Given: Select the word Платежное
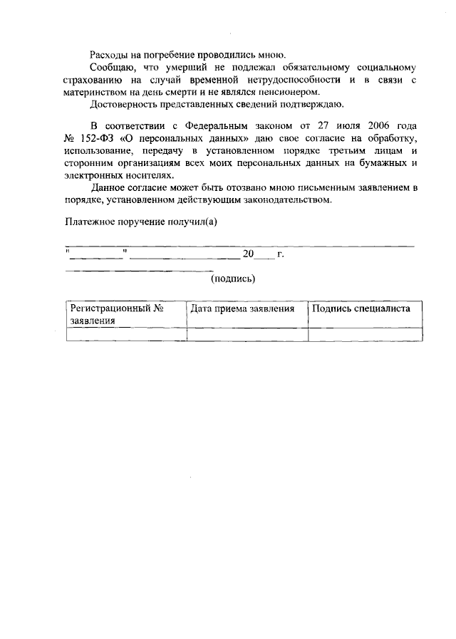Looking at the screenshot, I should pos(90,221).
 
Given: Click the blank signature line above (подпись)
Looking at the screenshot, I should pos(138,270).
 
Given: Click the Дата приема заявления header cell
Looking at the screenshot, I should pos(247,310).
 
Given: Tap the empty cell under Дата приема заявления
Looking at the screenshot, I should pos(247,335).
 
